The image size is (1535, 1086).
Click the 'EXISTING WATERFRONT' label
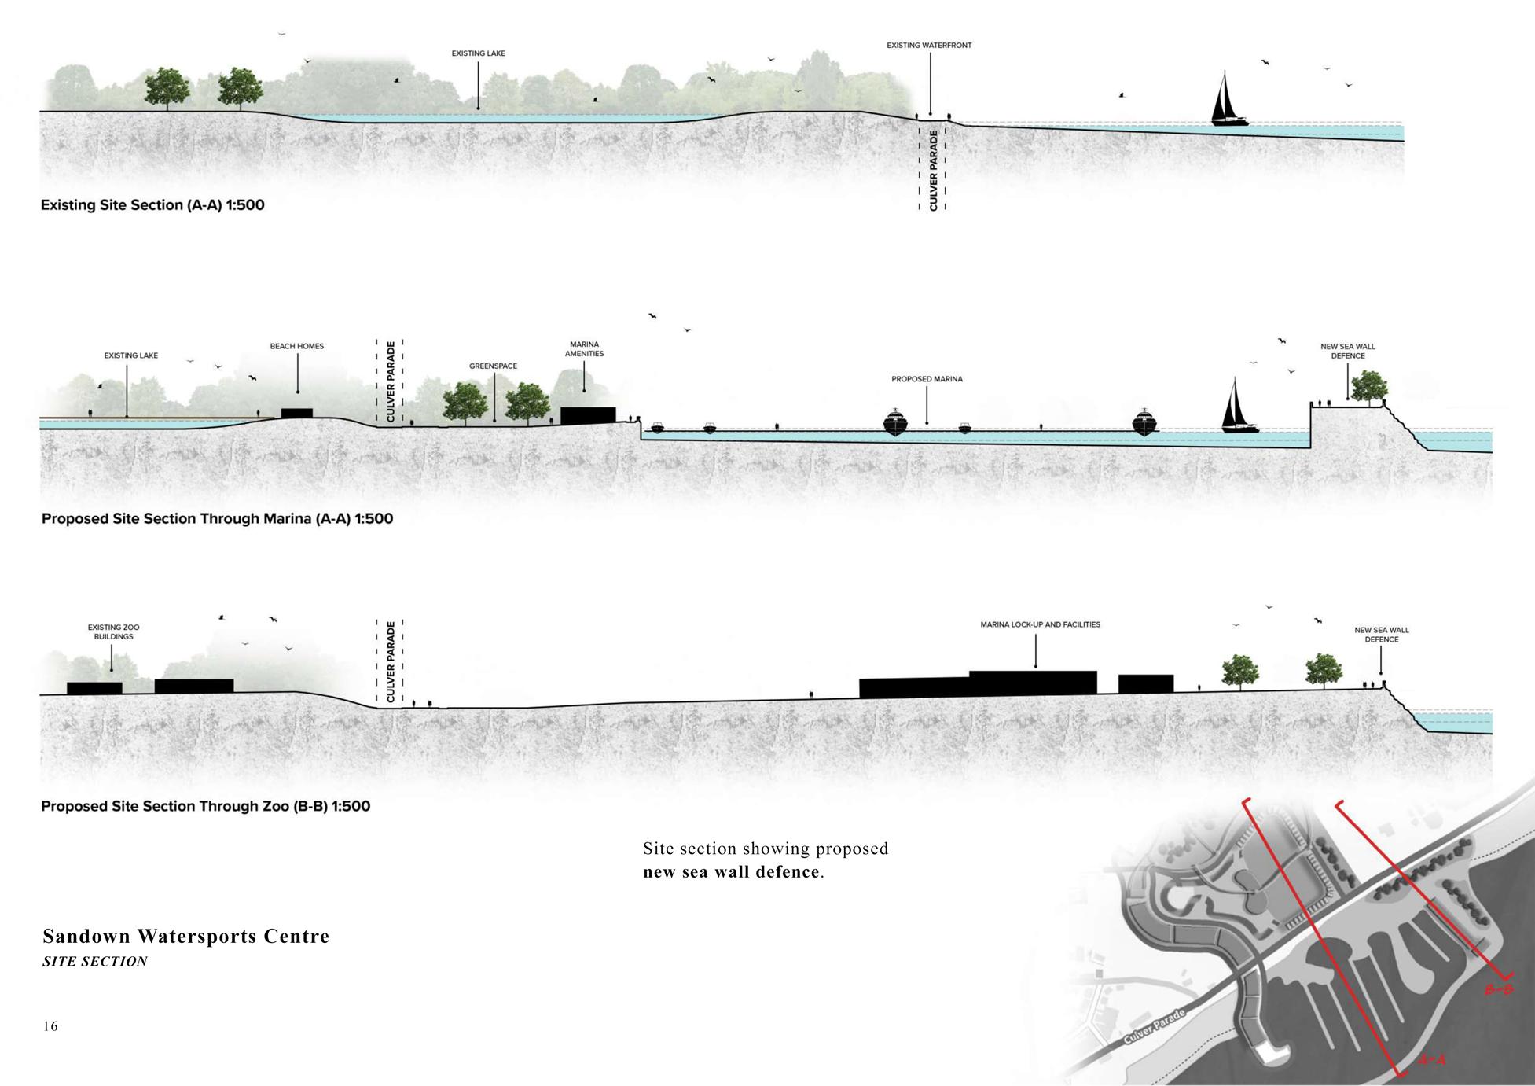(929, 46)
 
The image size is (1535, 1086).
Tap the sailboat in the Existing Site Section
(1228, 101)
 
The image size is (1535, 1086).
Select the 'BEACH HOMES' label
(296, 346)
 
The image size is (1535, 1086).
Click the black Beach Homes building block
(297, 414)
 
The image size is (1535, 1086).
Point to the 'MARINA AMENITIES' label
(584, 349)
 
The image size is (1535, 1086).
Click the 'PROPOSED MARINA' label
(927, 379)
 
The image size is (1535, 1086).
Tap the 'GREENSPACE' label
(493, 366)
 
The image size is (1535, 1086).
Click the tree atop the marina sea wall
(1368, 386)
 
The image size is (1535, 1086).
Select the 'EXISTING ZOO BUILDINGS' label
(113, 632)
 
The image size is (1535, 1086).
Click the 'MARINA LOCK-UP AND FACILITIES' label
(1040, 624)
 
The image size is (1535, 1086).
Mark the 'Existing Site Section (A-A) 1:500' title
(152, 205)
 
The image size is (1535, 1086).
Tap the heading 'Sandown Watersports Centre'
(186, 936)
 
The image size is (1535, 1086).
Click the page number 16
(50, 1025)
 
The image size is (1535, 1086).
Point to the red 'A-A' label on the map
(1431, 1059)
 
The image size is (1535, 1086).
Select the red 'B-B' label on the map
(1497, 990)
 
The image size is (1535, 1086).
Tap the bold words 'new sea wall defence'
(731, 871)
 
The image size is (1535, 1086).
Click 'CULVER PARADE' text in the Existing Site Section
(933, 170)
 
